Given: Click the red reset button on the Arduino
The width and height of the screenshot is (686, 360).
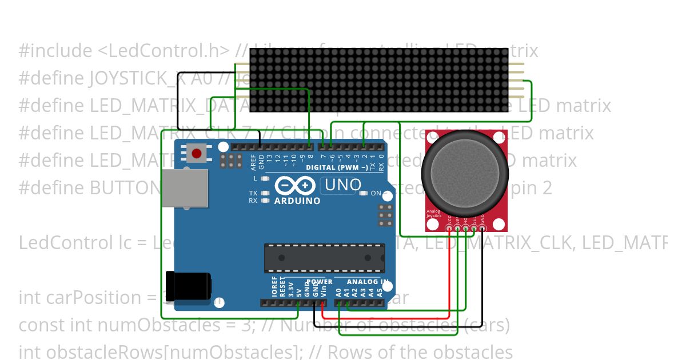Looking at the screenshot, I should point(197,153).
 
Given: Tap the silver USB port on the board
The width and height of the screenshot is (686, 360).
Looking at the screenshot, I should point(184,187).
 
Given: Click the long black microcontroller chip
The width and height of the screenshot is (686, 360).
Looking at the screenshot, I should point(324,258).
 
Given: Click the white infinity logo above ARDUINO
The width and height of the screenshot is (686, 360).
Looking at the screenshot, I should point(295,186).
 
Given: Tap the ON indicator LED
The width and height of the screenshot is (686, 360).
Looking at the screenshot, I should point(364,193).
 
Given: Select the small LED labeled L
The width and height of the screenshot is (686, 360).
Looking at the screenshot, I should point(265,179).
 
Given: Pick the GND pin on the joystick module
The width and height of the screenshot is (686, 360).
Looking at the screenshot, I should point(482,229).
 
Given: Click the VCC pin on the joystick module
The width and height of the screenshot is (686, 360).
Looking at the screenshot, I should point(449,229).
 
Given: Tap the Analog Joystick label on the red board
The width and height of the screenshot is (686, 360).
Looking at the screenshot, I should point(434,214).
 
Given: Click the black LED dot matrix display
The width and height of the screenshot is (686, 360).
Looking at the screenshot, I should point(379,80).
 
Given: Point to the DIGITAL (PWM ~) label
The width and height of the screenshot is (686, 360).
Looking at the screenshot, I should point(337,167).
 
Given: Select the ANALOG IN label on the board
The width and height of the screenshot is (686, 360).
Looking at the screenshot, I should point(369,282).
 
